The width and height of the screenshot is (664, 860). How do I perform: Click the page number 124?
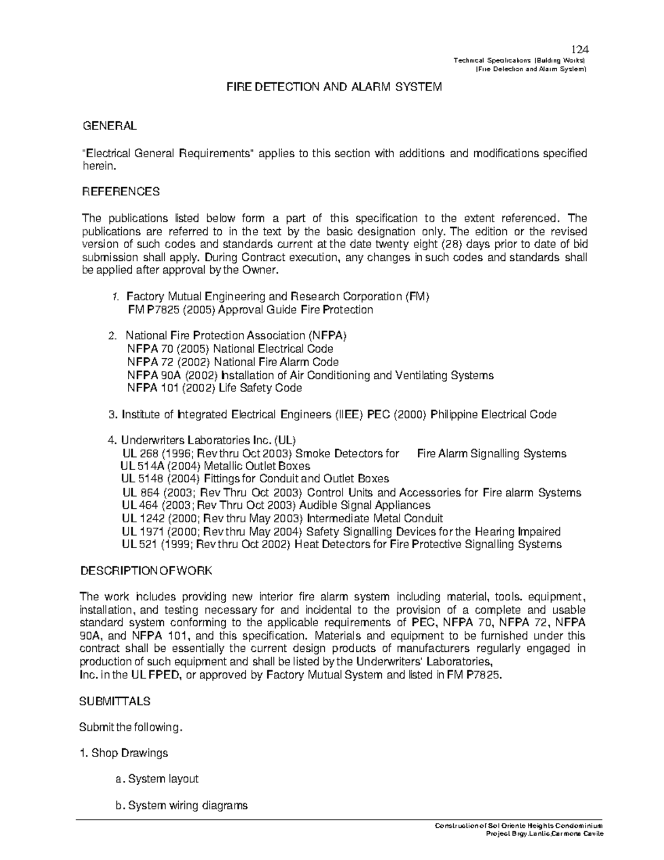(580, 49)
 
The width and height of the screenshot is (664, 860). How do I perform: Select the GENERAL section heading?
(109, 126)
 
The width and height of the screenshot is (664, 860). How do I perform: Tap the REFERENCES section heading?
(121, 192)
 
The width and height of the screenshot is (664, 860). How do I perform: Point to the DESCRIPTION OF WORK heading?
(146, 571)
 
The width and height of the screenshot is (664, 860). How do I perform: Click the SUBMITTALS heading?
(115, 701)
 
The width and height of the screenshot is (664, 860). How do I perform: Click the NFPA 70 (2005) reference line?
(230, 349)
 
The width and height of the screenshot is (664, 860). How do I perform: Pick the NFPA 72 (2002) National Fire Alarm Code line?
(232, 362)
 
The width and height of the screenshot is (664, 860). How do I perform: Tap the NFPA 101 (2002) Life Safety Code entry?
(214, 388)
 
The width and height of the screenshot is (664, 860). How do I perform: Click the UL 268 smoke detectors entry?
(343, 454)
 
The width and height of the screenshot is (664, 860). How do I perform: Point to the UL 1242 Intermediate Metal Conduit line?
(282, 519)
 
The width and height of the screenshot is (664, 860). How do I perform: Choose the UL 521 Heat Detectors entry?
(341, 544)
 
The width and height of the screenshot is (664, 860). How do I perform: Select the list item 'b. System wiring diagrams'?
(181, 805)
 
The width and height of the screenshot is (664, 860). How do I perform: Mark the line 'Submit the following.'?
(131, 727)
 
